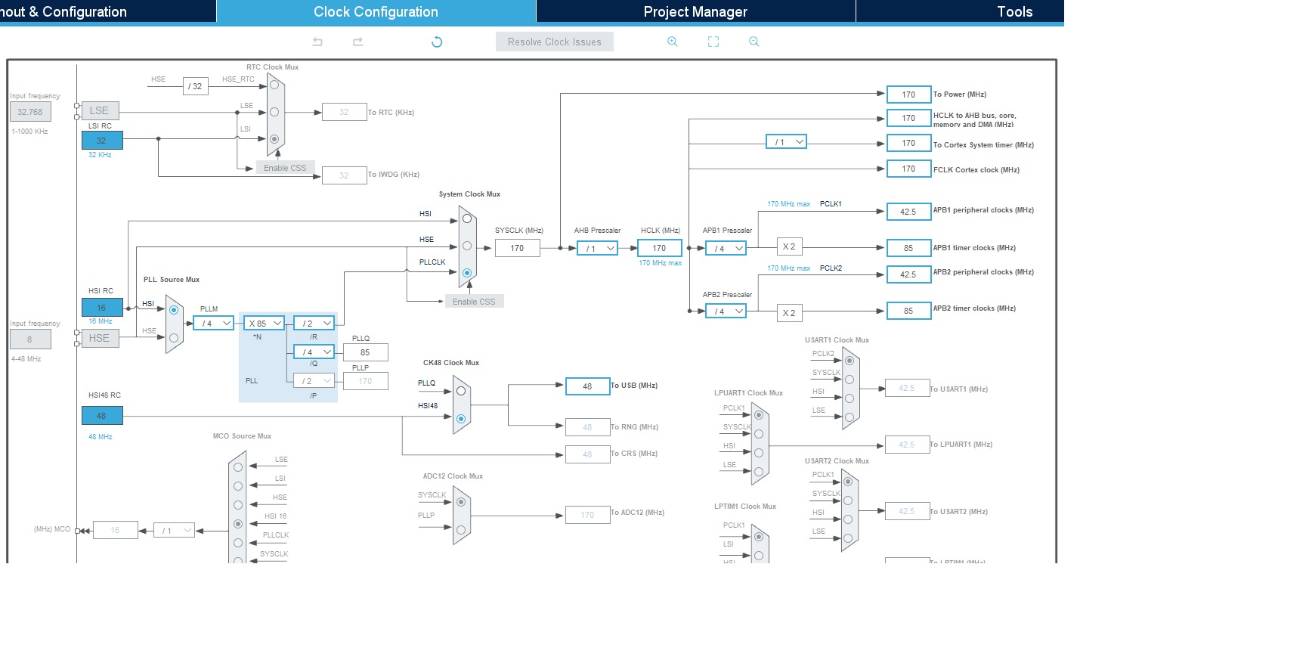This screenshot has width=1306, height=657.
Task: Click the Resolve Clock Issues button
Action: [554, 42]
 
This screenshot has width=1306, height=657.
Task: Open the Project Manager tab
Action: [695, 11]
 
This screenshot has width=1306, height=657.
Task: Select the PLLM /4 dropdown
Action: [213, 323]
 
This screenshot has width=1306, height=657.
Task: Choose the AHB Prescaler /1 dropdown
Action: [597, 248]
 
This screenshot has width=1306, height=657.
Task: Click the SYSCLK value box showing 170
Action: [517, 248]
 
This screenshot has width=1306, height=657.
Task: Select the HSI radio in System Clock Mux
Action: [467, 218]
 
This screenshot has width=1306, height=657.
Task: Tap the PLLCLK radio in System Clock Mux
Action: [467, 273]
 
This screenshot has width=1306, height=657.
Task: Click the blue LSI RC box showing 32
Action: [101, 141]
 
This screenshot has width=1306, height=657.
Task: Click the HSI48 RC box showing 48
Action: [101, 416]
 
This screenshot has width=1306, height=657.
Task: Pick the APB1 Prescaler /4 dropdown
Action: [726, 248]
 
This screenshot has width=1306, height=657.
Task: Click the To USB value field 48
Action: [587, 386]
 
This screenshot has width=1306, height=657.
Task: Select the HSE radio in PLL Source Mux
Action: [174, 338]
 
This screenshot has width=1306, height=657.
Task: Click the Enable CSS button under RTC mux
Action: [285, 168]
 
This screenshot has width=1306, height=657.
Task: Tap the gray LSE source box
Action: [99, 110]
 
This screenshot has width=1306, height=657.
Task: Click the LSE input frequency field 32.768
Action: [30, 112]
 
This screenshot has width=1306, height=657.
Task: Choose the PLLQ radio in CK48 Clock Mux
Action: [460, 391]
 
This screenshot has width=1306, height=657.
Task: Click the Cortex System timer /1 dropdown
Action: [786, 141]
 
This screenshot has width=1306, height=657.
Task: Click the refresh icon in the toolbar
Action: [437, 42]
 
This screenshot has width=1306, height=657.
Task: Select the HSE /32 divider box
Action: [195, 86]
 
